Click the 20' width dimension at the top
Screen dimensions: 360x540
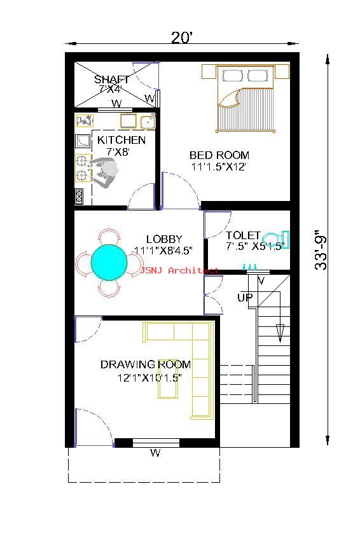[x=181, y=37]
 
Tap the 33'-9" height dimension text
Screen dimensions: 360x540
[x=321, y=250]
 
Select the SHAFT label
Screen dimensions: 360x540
[x=111, y=80]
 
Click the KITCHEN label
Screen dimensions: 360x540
[x=121, y=140]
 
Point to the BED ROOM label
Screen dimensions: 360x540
[x=219, y=155]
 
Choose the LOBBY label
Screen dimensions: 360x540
[x=164, y=239]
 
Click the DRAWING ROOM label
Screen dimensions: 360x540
[x=146, y=364]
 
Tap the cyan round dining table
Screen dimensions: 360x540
[x=109, y=263]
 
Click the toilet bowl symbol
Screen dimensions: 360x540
[x=275, y=239]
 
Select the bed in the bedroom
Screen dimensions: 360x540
[x=246, y=98]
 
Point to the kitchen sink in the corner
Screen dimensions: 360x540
[x=148, y=122]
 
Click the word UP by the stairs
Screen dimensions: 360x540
[x=245, y=297]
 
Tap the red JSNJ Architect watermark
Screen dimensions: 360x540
[x=179, y=271]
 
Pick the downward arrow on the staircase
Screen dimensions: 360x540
[x=280, y=333]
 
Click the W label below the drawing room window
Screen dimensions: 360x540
[x=155, y=452]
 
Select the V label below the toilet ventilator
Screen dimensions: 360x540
[x=261, y=280]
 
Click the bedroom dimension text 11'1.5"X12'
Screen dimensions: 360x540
[x=218, y=167]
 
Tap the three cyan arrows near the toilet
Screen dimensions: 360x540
[x=250, y=267]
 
